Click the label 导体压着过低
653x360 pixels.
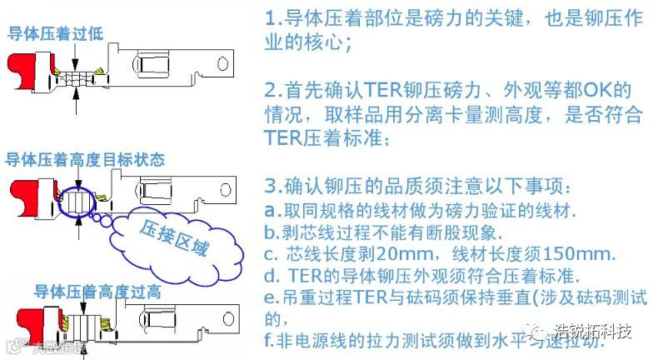click(55, 34)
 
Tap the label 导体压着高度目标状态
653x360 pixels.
click(84, 159)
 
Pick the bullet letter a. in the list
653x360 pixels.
click(270, 210)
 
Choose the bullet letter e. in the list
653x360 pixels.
click(270, 297)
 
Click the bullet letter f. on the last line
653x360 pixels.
click(269, 341)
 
